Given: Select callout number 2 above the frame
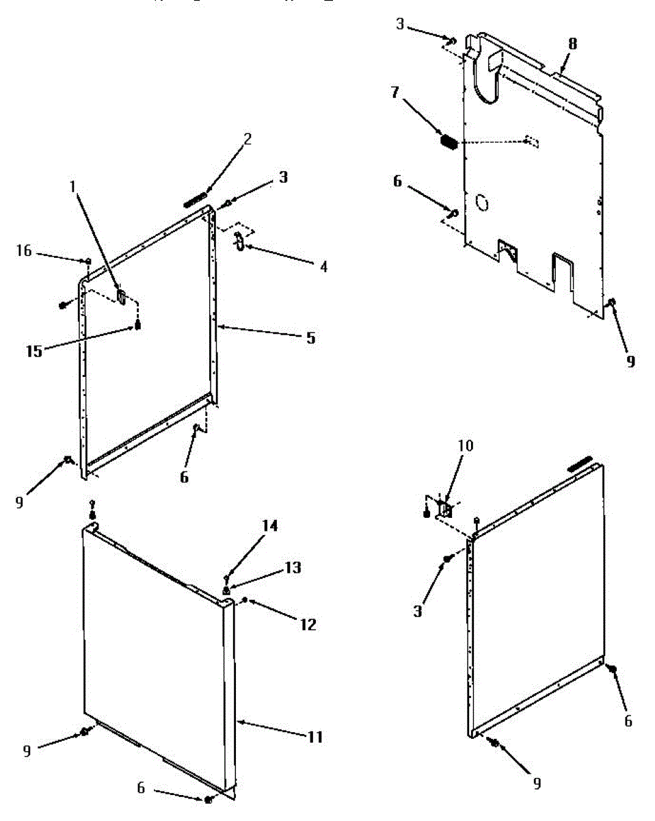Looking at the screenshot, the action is click(x=248, y=139).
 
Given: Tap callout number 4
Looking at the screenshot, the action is click(x=323, y=266).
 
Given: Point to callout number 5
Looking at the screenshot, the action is click(x=311, y=337).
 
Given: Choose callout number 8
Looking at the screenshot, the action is click(x=572, y=44).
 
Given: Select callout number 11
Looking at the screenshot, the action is click(x=315, y=737).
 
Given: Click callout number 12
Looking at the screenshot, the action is click(x=309, y=624).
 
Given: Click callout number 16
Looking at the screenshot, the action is click(x=24, y=251).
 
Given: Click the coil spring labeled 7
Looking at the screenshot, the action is click(x=449, y=142).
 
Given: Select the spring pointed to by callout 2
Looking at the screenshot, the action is click(x=195, y=199).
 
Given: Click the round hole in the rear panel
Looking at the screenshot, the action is click(x=482, y=202).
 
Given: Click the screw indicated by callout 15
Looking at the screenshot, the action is click(x=138, y=325).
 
